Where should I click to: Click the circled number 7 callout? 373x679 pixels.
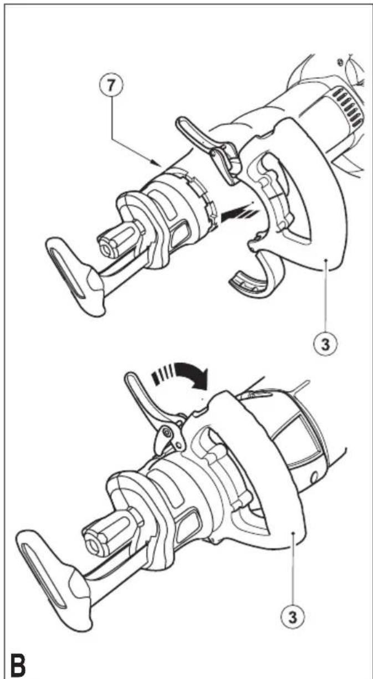112,85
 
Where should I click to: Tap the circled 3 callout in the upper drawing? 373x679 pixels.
325,345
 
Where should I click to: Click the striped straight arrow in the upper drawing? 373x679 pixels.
239,214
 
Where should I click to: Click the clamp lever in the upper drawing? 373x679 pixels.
208,149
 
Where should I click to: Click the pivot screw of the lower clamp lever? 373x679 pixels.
166,432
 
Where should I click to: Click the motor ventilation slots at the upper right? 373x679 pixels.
348,104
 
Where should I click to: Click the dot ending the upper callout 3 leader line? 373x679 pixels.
325,260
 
